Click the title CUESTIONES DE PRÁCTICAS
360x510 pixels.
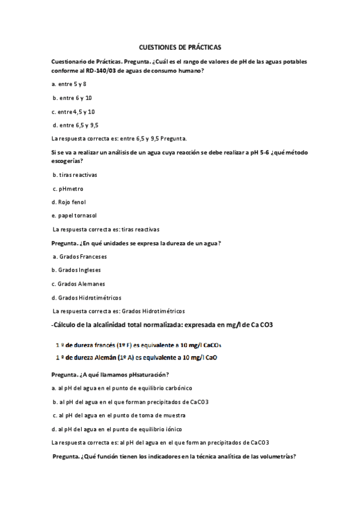[x=180, y=46]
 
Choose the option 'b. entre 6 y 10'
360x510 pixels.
[x=72, y=98]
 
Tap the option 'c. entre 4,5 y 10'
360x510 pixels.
[x=73, y=111]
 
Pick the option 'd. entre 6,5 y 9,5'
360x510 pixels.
[x=75, y=125]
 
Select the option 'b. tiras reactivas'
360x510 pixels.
[x=75, y=175]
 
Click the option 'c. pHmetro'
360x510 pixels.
[x=68, y=188]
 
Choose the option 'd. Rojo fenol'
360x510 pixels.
[x=69, y=202]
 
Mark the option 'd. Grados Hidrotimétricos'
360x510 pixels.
[x=87, y=297]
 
